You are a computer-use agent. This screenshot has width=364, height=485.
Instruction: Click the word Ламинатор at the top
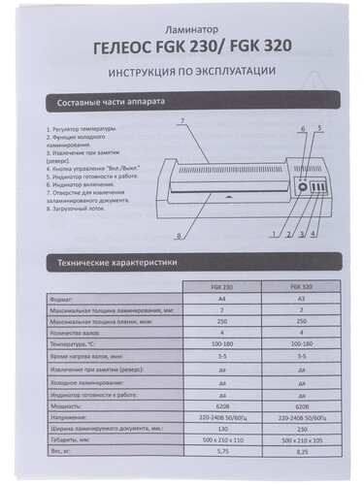point(185,32)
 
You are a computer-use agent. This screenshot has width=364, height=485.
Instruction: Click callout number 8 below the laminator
point(179,237)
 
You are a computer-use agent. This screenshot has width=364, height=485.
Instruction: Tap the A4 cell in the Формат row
point(220,300)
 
